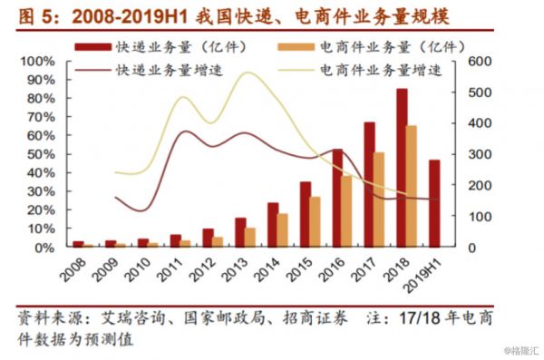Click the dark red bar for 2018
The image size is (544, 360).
pos(402,167)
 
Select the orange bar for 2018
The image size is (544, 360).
pos(412,186)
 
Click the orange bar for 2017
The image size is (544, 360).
pos(379,199)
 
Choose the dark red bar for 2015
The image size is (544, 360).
pos(306,214)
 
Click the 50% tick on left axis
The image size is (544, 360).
pos(41,153)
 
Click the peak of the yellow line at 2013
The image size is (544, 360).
pos(247,73)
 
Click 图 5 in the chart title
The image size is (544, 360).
pos(31,15)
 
